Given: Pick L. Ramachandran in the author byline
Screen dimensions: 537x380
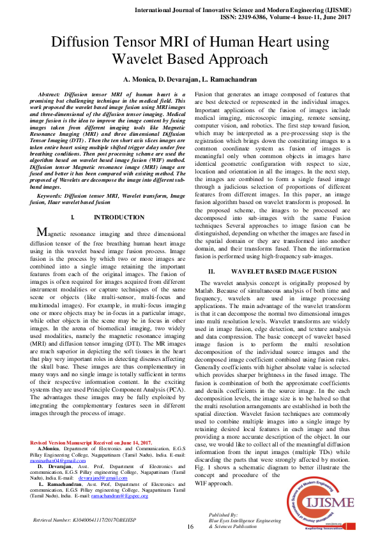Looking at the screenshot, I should tap(229, 80).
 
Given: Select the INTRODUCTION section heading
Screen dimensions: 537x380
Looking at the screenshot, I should tap(119, 218).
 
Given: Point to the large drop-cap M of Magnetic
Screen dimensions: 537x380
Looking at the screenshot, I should tap(42, 233).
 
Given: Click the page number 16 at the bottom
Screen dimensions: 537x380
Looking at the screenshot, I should tap(190, 526).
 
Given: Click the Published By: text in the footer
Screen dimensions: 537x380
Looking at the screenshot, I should tap(224, 514).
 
